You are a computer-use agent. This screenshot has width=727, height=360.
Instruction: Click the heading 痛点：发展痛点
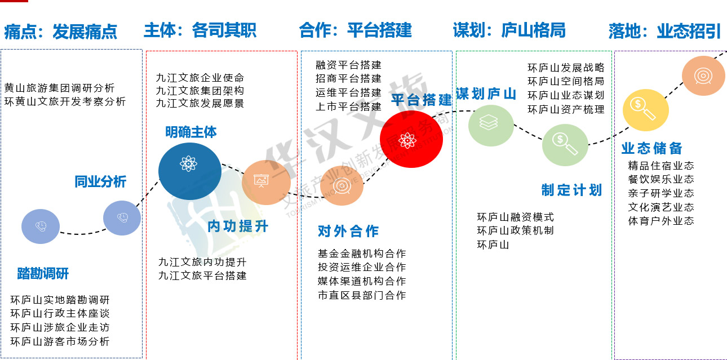[x=61, y=32]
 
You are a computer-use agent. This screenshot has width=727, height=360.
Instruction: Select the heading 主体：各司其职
[x=200, y=30]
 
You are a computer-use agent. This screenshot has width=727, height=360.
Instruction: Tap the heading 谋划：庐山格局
[x=509, y=30]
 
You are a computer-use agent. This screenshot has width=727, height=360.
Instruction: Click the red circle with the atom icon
[x=411, y=139]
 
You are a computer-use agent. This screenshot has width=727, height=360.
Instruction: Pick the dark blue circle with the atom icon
[x=190, y=171]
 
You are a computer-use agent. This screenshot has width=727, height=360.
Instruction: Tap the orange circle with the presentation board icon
[x=266, y=183]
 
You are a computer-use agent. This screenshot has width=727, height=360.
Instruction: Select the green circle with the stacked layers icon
[x=491, y=125]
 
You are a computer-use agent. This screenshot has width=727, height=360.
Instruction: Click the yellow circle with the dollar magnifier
[x=646, y=110]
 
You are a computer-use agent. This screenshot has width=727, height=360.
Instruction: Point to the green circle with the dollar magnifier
[x=565, y=145]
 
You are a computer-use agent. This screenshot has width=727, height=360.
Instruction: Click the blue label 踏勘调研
[x=43, y=274]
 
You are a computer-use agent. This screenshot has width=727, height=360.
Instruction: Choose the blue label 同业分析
[x=100, y=181]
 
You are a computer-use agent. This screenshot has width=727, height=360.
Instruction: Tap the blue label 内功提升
[x=238, y=226]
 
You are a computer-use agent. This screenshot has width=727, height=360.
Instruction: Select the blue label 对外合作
[x=348, y=231]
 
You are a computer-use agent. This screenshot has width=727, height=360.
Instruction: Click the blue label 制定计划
[x=572, y=190]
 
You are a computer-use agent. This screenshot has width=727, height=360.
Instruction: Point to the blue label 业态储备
[x=652, y=148]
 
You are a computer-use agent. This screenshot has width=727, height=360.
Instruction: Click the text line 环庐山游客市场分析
[x=60, y=341]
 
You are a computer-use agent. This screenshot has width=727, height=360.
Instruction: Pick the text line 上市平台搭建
[x=349, y=106]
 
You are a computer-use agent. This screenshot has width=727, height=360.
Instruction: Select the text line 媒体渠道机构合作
[x=362, y=281]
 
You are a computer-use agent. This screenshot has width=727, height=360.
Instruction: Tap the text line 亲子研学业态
[x=661, y=193]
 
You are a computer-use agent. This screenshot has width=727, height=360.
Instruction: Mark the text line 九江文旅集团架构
[x=200, y=91]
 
